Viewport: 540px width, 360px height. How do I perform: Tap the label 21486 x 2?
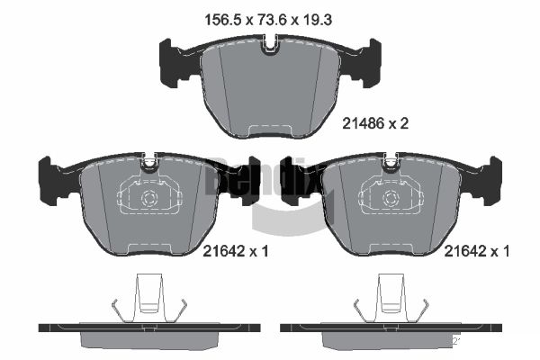pos(375,125)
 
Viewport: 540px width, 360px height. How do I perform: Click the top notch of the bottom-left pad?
pos(149,163)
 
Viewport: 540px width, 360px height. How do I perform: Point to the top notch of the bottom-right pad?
pos(391,163)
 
